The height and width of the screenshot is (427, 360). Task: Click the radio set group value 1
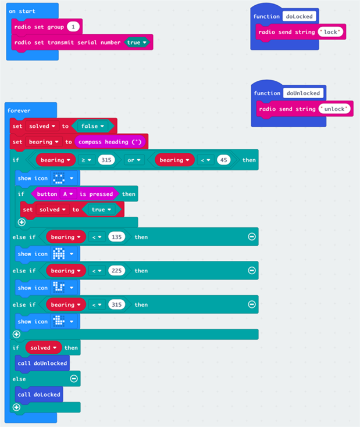73,27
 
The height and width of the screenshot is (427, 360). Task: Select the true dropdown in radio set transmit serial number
137,42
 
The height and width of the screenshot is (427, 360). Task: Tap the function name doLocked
299,16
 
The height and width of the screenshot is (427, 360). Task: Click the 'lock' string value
331,32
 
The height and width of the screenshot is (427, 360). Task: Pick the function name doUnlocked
303,93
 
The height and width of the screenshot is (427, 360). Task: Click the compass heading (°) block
111,142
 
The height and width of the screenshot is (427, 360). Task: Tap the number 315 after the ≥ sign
106,160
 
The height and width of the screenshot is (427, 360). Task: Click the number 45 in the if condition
223,160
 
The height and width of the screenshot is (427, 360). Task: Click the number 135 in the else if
116,237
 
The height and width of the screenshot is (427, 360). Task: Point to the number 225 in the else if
116,271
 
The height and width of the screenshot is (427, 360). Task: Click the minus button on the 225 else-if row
252,271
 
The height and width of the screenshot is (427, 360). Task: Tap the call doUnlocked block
42,363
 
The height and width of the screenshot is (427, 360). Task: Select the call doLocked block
39,394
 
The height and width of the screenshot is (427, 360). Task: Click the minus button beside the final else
74,379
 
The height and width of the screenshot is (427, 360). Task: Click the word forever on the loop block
19,110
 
